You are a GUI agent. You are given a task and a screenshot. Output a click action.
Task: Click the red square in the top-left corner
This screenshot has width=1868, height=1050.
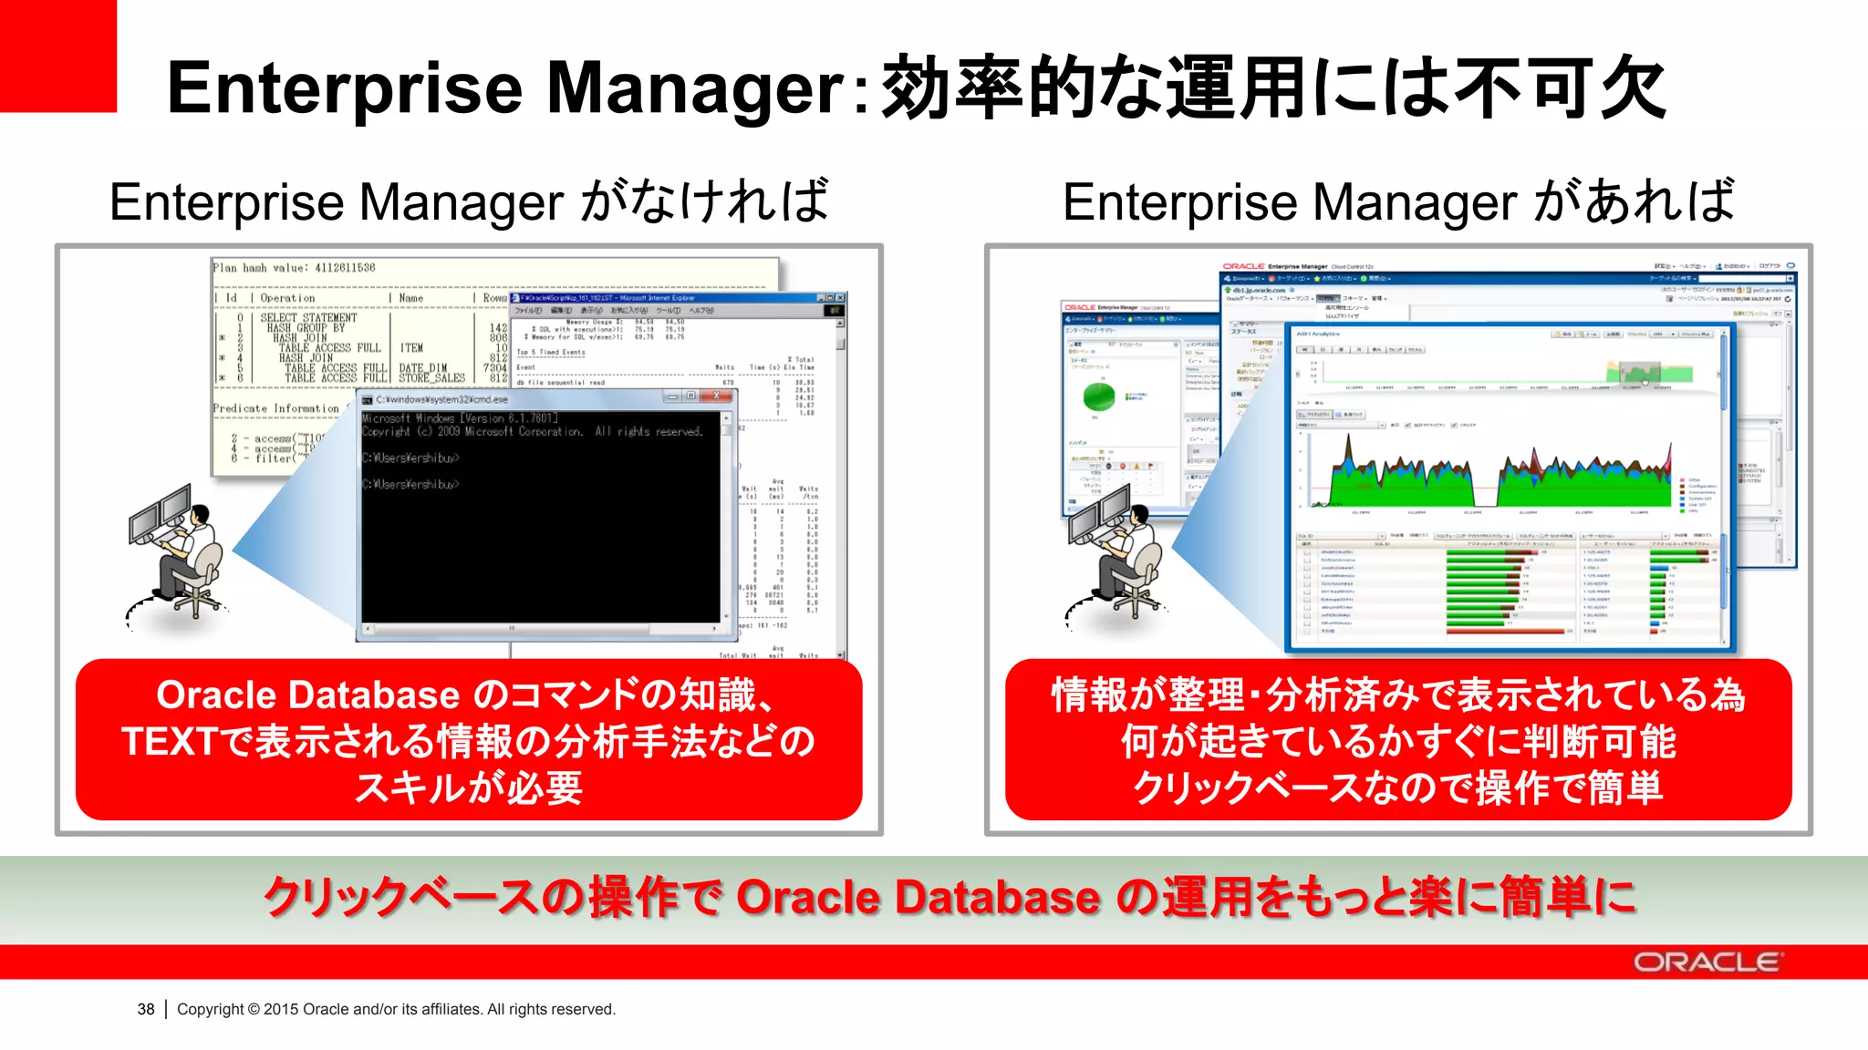tap(57, 55)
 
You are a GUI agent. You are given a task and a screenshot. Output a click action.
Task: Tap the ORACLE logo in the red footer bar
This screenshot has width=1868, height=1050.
tap(1706, 962)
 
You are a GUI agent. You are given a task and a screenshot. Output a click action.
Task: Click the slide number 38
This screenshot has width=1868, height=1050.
tap(146, 1009)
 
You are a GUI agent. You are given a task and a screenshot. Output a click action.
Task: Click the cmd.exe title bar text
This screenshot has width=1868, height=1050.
tap(441, 399)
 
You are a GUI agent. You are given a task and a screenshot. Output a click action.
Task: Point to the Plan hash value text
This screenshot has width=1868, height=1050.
tap(294, 268)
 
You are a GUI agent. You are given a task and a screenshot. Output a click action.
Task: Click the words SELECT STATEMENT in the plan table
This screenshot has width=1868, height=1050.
tap(308, 318)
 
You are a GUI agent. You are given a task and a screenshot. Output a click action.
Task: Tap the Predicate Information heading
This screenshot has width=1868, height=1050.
tap(275, 408)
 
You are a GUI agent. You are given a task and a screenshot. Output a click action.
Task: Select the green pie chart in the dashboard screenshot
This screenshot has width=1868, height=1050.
tap(1099, 396)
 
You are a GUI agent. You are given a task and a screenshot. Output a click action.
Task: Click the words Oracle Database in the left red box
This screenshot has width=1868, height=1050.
tap(307, 695)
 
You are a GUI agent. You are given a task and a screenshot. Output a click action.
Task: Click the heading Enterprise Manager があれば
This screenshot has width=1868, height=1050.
tap(1397, 201)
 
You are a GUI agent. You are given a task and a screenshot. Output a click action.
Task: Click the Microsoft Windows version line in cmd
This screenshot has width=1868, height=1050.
tap(460, 418)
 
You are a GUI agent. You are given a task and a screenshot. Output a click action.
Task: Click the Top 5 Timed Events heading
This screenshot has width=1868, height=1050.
tap(551, 352)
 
